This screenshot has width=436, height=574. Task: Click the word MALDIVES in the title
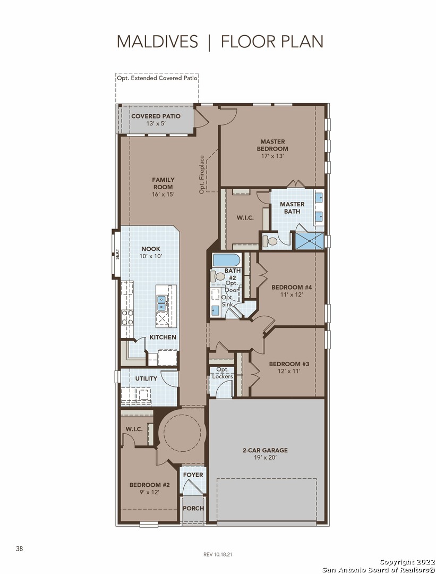click(x=157, y=42)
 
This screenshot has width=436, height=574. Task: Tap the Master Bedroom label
click(x=272, y=145)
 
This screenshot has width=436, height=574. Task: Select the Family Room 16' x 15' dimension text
click(x=163, y=194)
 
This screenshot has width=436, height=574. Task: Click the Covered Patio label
click(x=156, y=116)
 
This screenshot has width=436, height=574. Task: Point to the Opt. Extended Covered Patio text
click(x=157, y=78)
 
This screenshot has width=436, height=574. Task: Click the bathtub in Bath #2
click(x=226, y=260)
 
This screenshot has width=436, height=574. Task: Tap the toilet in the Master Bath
click(x=271, y=242)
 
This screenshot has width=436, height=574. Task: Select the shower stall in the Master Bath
click(x=310, y=241)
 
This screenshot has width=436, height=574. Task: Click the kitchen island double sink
click(x=161, y=300)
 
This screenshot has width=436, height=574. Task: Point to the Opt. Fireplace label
click(x=202, y=175)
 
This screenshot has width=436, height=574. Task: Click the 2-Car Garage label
click(x=265, y=450)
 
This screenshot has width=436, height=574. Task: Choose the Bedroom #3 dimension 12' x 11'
click(x=289, y=371)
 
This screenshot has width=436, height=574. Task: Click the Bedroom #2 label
click(x=150, y=485)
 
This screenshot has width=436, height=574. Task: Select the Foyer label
click(x=193, y=475)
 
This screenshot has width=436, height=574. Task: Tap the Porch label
click(x=193, y=508)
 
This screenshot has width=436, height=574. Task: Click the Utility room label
click(x=147, y=378)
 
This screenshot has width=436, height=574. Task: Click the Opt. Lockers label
click(x=223, y=373)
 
